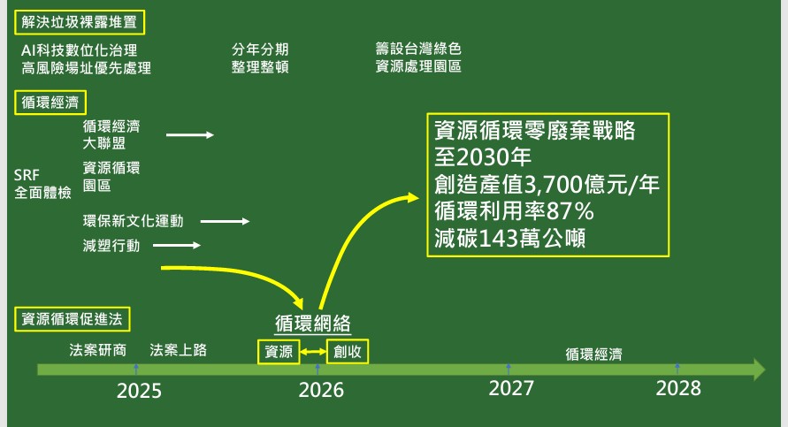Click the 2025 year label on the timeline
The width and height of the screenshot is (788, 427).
point(139,391)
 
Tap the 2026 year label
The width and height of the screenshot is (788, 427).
point(321,390)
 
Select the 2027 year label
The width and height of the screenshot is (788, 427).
point(511,388)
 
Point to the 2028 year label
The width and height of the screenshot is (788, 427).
point(678,388)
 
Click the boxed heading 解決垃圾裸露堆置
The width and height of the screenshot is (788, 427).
point(80,23)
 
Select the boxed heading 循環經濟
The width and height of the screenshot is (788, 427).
point(50,103)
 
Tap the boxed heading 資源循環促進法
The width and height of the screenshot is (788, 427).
point(73,319)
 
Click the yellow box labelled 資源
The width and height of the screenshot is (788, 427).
point(279,352)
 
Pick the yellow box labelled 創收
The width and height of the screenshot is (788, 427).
point(348,351)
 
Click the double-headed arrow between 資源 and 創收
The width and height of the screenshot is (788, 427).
point(313,352)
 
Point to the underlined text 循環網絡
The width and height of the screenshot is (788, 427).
point(312,323)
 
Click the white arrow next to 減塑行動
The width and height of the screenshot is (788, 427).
point(177,245)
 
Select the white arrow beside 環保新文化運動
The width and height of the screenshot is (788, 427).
point(225,221)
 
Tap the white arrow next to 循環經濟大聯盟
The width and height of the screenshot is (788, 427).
point(190,134)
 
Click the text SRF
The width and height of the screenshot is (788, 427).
point(27,175)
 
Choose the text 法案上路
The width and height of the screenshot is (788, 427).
point(179,350)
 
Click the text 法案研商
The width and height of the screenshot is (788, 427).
point(98,350)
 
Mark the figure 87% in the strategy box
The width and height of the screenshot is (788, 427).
point(570,211)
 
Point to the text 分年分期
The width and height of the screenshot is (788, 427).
point(260,50)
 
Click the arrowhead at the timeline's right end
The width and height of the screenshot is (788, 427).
point(759,370)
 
